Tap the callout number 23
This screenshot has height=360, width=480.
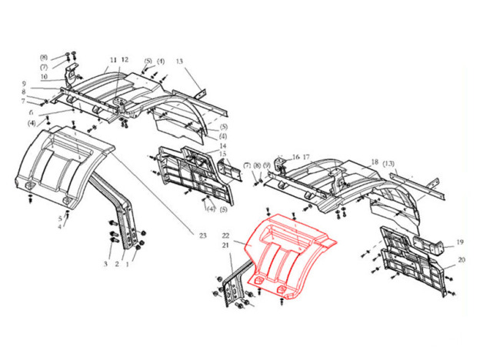pos(203,235)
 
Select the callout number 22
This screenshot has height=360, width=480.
pos(225,235)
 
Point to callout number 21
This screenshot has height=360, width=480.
pos(225,245)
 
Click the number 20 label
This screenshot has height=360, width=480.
pos(462,260)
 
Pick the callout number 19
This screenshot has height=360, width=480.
pos(460,242)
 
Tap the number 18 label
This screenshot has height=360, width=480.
pos(375,162)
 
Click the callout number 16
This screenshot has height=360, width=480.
pos(295,157)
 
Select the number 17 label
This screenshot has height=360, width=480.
pos(306,157)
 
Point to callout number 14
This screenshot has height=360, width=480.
pos(223,145)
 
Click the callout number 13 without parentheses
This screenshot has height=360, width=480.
pos(179,62)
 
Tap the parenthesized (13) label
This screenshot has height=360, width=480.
pos(388,164)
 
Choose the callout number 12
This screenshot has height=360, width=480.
pos(125,60)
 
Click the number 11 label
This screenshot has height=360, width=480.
pos(113,60)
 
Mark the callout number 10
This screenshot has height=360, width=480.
pos(44,76)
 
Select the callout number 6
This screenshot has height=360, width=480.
pos(31,112)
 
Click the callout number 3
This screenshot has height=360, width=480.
pos(105,264)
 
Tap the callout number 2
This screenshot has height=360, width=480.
pos(117,264)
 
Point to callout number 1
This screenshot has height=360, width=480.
pos(128,264)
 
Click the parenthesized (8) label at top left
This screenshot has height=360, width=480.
pos(44,58)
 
